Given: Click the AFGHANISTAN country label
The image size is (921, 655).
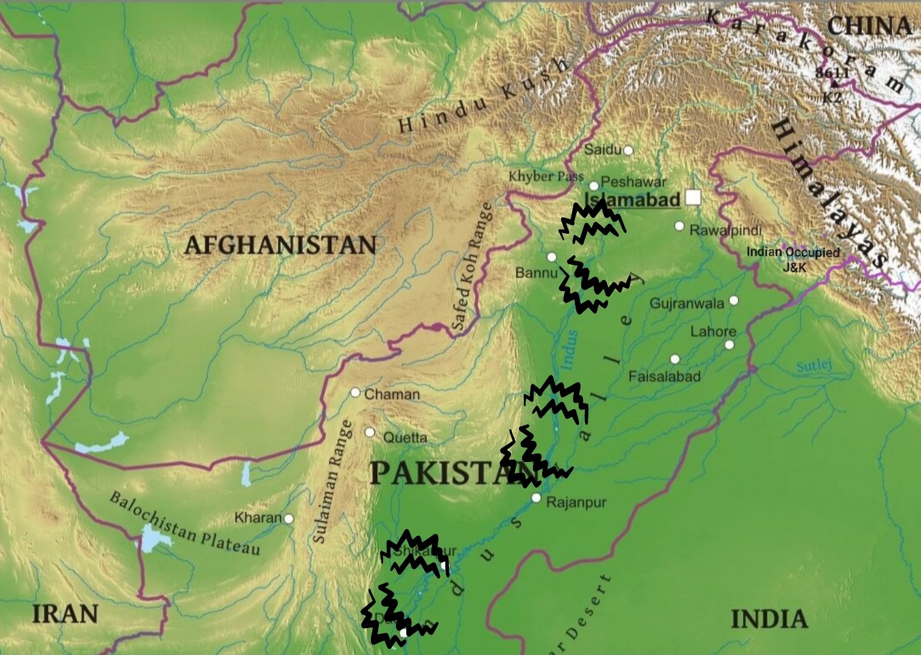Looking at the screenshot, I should tap(280, 245).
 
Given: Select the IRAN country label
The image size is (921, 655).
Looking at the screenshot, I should tap(65, 614).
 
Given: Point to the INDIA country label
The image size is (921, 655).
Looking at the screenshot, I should tap(769, 619).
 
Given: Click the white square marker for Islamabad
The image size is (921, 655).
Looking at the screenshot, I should tap(693, 197).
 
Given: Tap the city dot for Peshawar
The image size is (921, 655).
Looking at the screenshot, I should tap(594, 186).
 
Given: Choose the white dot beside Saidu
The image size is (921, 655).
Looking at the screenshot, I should tap(628, 150).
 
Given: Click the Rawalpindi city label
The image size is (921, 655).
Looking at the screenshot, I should tap(725, 230).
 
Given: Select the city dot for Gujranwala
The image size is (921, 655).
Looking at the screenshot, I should tap(733, 300).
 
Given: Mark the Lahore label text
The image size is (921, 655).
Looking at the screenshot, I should tap(713, 331).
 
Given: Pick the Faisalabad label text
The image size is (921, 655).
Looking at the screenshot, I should tap(664, 376).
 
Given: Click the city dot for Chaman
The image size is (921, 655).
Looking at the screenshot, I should tap(355, 393).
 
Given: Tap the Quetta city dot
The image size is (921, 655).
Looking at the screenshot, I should tap(370, 432).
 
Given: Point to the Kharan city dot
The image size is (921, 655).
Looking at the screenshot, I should tap(289, 519).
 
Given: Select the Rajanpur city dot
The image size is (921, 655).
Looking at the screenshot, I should tap(536, 498).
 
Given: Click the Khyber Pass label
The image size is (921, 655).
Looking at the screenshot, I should tap(546, 177).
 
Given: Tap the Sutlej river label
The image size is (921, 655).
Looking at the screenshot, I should tap(814, 366).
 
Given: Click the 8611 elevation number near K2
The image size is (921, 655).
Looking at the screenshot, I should tap(832, 72).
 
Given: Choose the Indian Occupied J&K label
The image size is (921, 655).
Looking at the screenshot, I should tap(793, 258).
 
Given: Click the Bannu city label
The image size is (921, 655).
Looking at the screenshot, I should tap(536, 272).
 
